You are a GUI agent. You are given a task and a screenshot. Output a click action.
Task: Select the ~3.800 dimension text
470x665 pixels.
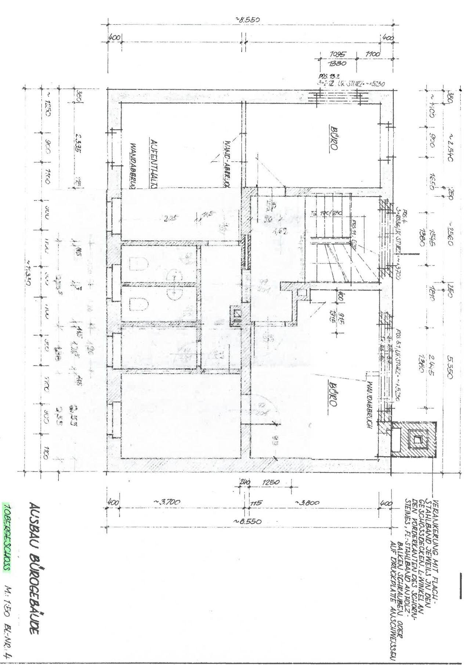pyautogui.click(x=307, y=502)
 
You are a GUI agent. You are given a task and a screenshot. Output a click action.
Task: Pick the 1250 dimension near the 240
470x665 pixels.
pyautogui.click(x=271, y=482)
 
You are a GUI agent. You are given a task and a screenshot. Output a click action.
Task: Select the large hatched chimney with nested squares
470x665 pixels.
pyautogui.click(x=418, y=439)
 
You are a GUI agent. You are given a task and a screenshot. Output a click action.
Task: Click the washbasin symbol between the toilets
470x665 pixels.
pyautogui.click(x=175, y=283)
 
